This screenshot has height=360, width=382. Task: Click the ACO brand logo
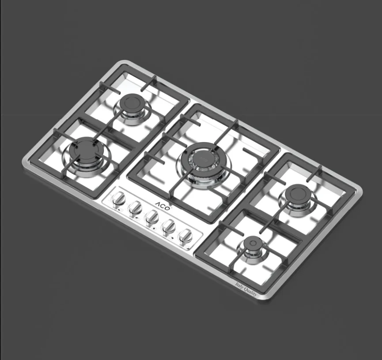tap(163, 206)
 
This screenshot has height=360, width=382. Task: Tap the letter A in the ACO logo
tap(158, 204)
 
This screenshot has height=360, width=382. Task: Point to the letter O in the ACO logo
tap(166, 208)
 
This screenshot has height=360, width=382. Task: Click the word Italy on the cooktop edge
tap(239, 286)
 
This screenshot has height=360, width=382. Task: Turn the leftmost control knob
tap(119, 198)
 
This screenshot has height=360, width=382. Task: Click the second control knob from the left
tap(136, 207)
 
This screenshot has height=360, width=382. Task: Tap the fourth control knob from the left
tap(169, 226)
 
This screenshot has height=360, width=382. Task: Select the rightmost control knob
tap(186, 236)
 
